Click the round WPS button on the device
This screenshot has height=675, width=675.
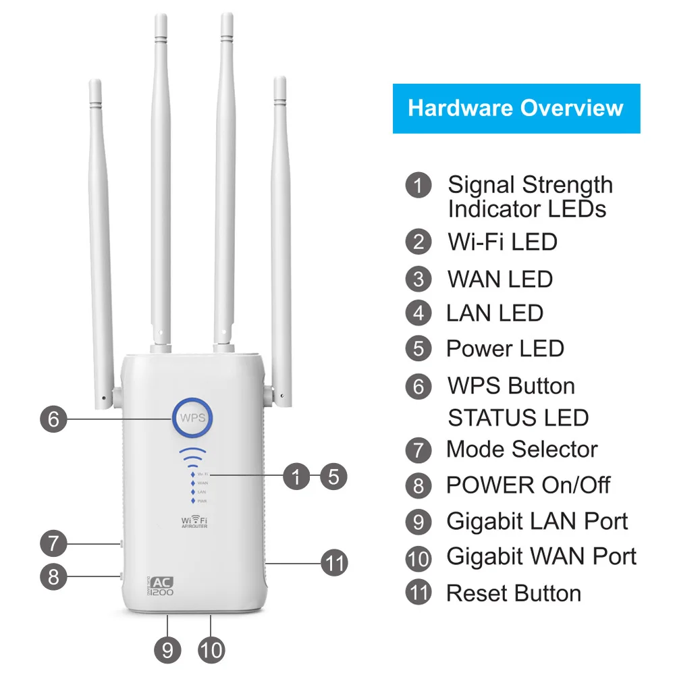click(192, 418)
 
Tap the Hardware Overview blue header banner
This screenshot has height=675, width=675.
click(516, 109)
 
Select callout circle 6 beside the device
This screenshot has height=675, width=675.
click(53, 419)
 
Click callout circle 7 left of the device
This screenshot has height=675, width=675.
click(53, 543)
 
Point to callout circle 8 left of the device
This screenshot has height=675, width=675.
click(53, 576)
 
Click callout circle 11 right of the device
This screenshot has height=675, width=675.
click(334, 562)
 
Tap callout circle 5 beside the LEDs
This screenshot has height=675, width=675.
click(333, 476)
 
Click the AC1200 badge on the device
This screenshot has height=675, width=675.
click(160, 586)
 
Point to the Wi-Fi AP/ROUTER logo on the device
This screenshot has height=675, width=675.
click(194, 521)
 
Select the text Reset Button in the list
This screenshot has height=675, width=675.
click(514, 593)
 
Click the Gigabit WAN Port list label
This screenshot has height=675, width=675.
click(541, 557)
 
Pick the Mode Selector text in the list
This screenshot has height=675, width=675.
click(522, 450)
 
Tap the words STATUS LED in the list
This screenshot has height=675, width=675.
click(518, 418)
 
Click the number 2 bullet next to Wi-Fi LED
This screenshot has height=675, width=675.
click(418, 242)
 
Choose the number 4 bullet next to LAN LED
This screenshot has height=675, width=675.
click(418, 313)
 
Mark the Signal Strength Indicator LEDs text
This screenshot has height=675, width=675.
click(530, 196)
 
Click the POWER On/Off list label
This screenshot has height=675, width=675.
click(529, 485)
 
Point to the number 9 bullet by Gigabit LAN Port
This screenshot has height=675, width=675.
click(418, 521)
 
